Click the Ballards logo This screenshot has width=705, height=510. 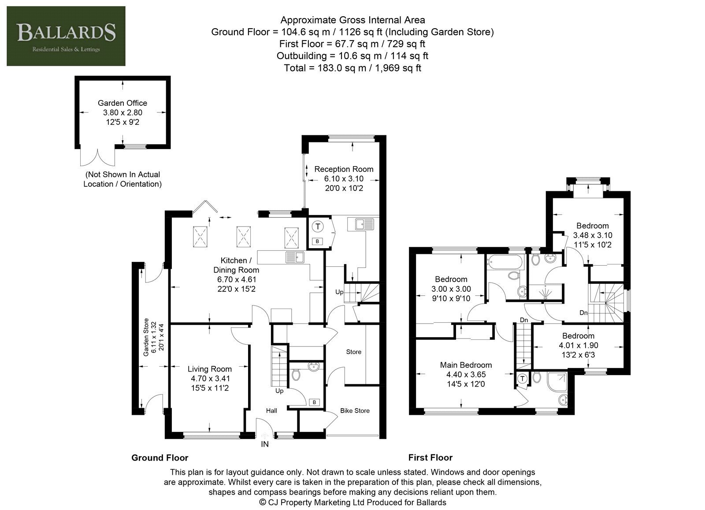tap(66, 36)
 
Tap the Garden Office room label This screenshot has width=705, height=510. tap(122, 103)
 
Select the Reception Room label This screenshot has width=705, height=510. tap(344, 169)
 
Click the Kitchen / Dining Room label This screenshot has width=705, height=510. tap(236, 265)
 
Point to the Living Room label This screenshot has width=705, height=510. tap(210, 369)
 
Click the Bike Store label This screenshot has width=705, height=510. tap(355, 410)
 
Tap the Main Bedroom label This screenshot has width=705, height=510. tap(466, 365)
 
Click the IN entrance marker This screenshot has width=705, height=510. tap(265, 444)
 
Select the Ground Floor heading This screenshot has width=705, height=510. tap(160, 458)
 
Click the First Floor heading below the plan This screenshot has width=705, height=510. tap(430, 458)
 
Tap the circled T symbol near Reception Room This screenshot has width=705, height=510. tap(318, 226)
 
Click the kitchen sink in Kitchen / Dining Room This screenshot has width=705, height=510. tap(295, 257)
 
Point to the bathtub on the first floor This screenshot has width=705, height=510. tap(504, 262)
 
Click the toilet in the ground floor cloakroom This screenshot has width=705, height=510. tap(296, 375)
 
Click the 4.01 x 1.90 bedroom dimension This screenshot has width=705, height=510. tap(578, 345)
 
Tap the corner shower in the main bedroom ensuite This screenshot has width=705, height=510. tap(558, 383)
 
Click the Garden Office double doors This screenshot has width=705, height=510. tap(97, 157)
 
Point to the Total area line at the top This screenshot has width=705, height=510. tap(352, 68)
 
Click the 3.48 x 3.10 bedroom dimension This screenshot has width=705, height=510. tap(592, 235)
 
